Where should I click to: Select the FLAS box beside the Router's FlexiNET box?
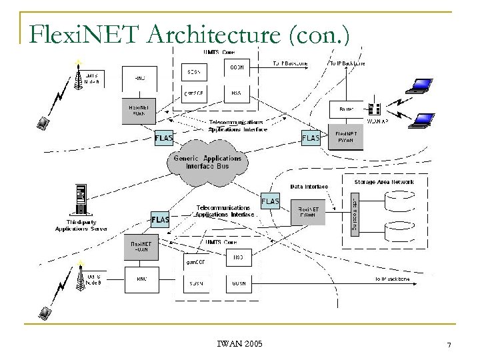click(x=311, y=138)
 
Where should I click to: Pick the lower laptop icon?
click(x=425, y=120)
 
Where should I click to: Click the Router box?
click(x=346, y=107)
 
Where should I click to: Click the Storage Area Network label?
click(x=385, y=181)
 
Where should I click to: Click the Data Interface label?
click(x=307, y=187)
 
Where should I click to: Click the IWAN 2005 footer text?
click(x=239, y=344)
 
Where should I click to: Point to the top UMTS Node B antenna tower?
click(x=79, y=79)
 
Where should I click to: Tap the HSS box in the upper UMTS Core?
click(x=236, y=94)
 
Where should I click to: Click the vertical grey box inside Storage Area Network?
click(x=353, y=213)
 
